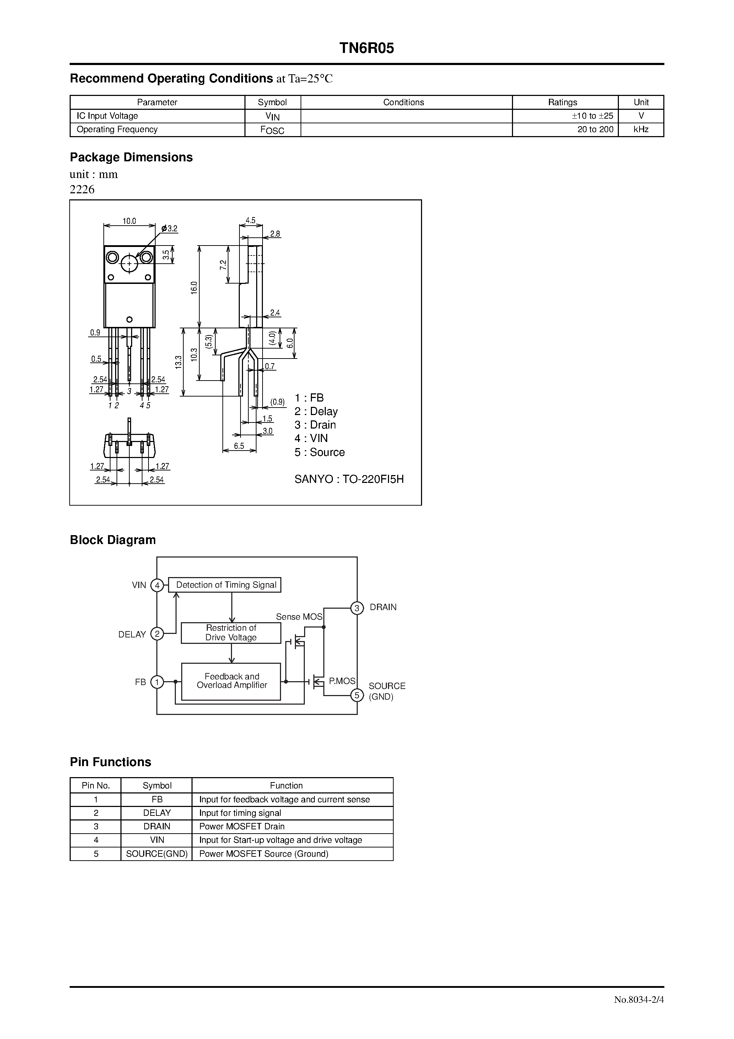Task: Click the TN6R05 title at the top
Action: (x=367, y=48)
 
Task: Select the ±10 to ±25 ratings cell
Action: (x=592, y=116)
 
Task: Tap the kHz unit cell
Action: (x=641, y=129)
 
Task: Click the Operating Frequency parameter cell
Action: (x=117, y=129)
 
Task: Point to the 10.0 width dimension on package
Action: (x=129, y=221)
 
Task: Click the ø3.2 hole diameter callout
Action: (x=170, y=228)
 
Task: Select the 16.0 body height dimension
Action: (x=194, y=288)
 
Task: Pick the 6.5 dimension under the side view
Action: (x=239, y=446)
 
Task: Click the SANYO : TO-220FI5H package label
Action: (x=349, y=479)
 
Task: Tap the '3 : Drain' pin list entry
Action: (x=315, y=425)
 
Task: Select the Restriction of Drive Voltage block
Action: (x=231, y=632)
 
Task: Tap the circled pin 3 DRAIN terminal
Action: (x=357, y=608)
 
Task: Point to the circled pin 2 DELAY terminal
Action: (x=157, y=634)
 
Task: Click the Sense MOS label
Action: (x=299, y=617)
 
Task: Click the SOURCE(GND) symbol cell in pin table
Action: (x=157, y=854)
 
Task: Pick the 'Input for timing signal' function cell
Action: (x=240, y=813)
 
